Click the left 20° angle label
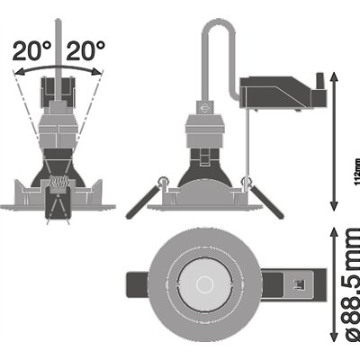click(x=30, y=50)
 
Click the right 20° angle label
click(x=87, y=50)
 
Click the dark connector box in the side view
click(x=279, y=93)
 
